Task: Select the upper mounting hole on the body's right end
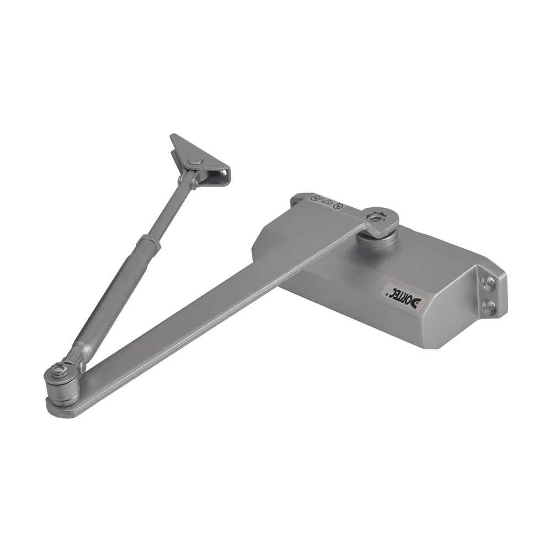pos(488,282)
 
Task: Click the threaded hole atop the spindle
pos(379,217)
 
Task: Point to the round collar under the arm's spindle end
pos(379,238)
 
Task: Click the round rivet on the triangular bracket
pos(194,161)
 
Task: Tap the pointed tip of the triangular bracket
pos(172,136)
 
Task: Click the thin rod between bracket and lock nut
pos(168,209)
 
